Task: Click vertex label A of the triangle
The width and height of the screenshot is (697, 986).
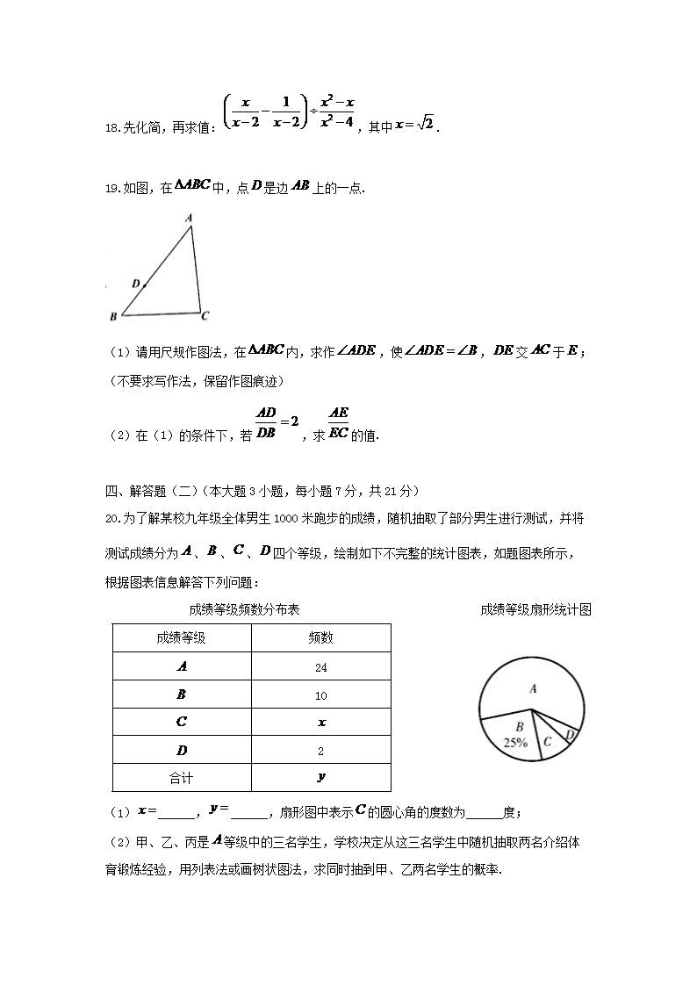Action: (190, 217)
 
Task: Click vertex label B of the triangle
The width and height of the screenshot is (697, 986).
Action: (113, 316)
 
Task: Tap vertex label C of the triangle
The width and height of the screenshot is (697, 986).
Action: (205, 315)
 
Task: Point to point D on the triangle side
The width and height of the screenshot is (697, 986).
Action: (142, 284)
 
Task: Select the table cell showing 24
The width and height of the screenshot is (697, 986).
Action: (320, 666)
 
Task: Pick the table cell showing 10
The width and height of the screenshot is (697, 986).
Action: (320, 695)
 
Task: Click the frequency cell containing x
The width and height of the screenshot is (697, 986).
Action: (321, 723)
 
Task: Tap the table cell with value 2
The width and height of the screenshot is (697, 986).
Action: (320, 751)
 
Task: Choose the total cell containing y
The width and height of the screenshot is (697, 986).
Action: (321, 777)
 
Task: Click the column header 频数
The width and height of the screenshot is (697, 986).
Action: (320, 638)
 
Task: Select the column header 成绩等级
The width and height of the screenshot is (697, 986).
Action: (182, 638)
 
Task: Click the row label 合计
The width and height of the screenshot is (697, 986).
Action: (182, 778)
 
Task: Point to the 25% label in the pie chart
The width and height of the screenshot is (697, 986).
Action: (515, 742)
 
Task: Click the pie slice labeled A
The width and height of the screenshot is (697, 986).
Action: (533, 689)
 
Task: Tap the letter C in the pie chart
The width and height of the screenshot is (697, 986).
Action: (547, 742)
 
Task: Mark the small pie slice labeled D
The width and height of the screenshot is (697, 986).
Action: (570, 734)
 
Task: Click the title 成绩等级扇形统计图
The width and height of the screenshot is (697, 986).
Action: (535, 609)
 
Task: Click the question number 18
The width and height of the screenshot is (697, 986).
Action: (111, 128)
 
